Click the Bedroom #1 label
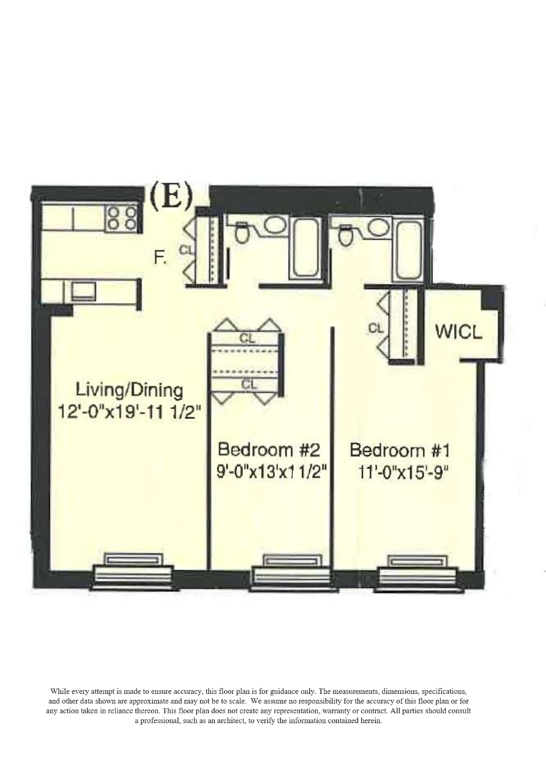coord(400,450)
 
